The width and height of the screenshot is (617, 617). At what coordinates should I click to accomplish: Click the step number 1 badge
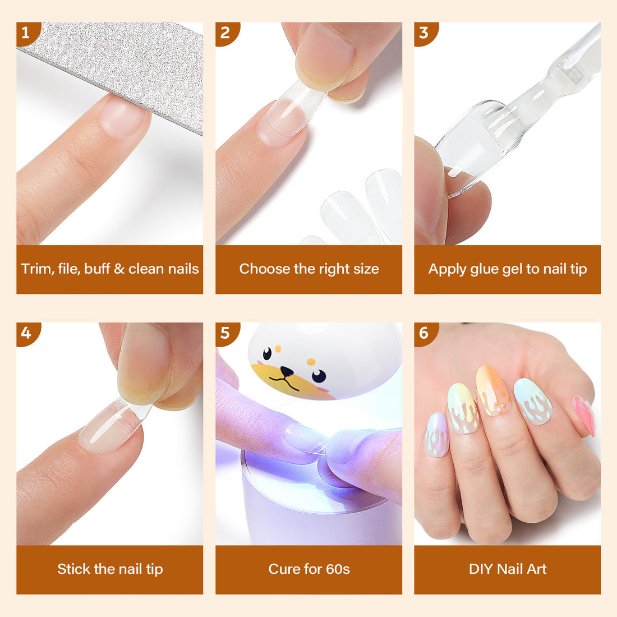(x=26, y=33)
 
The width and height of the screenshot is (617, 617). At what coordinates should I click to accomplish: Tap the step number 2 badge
(x=225, y=33)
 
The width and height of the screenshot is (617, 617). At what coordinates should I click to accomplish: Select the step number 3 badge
(x=423, y=33)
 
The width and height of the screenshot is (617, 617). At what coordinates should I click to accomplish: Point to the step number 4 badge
(x=26, y=333)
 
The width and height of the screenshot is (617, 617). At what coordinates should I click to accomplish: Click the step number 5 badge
(x=225, y=333)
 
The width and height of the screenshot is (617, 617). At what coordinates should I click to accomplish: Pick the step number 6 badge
(x=423, y=333)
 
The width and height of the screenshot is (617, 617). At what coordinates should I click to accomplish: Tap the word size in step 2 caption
(x=366, y=269)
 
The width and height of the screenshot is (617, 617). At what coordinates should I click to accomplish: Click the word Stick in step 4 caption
(x=74, y=569)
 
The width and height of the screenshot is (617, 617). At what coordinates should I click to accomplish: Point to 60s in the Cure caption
(x=338, y=569)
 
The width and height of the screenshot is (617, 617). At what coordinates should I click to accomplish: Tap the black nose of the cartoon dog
(x=287, y=371)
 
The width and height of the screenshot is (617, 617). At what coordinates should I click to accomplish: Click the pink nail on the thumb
(x=584, y=415)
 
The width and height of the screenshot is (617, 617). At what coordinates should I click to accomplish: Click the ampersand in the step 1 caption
(x=119, y=269)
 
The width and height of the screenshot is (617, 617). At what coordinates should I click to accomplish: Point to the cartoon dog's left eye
(x=268, y=353)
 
